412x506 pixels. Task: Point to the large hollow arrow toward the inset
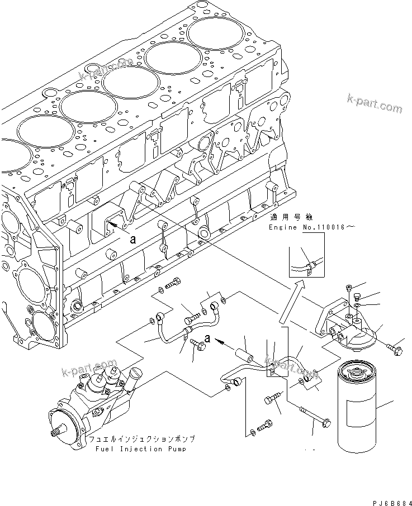291,302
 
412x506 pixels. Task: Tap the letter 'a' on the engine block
132,238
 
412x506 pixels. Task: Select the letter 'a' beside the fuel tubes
207,338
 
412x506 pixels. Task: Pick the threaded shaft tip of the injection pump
55,433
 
